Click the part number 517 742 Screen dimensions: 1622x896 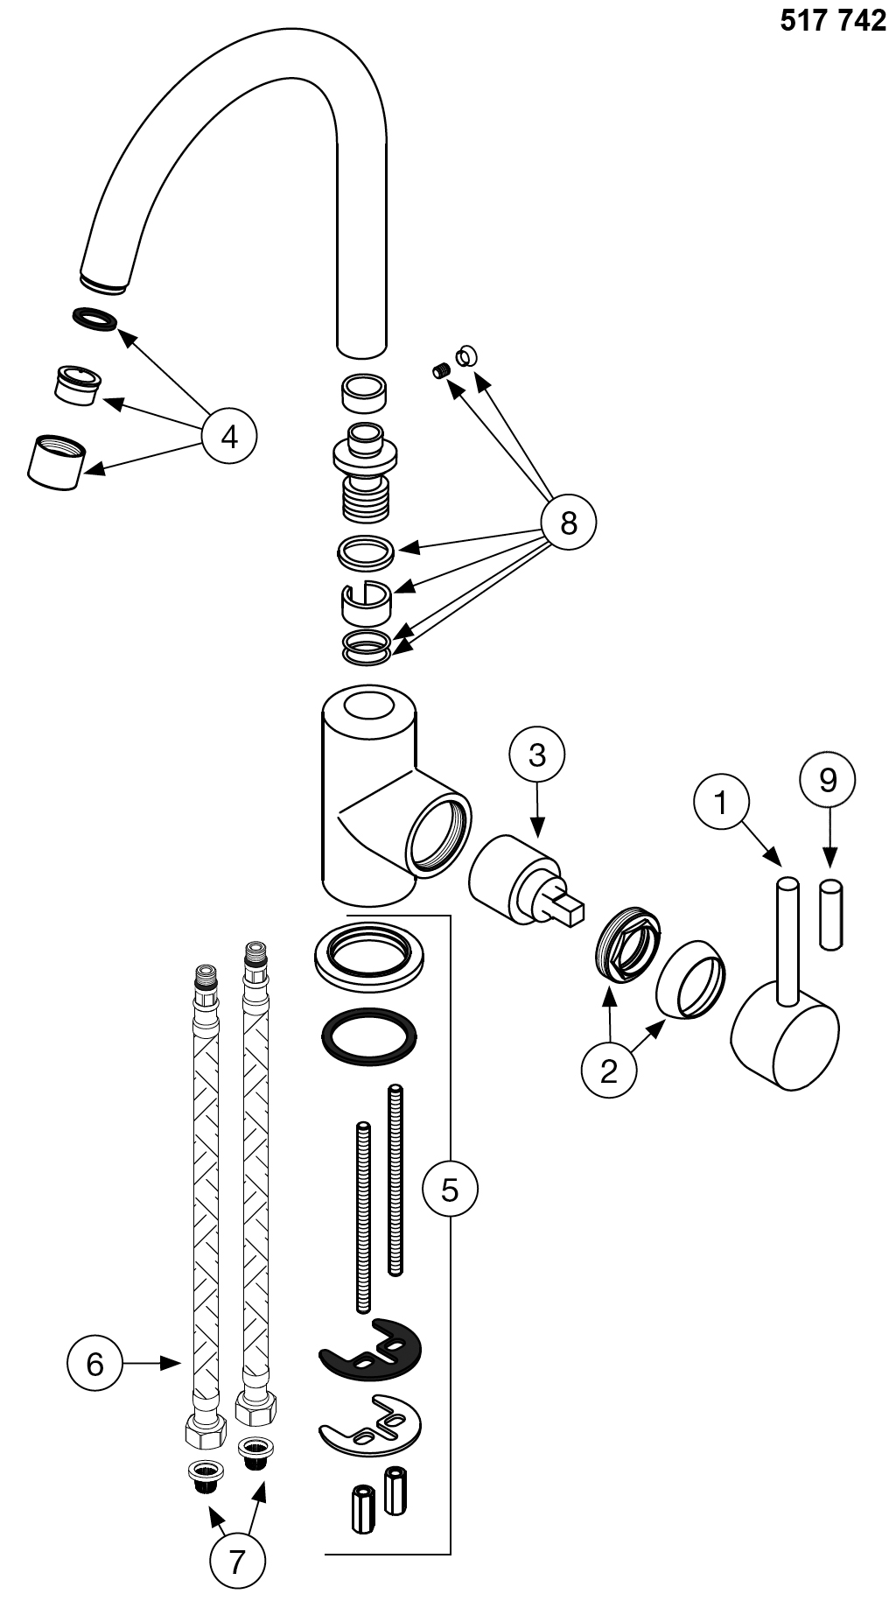pyautogui.click(x=832, y=21)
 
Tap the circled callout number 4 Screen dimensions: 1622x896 pyautogui.click(x=229, y=436)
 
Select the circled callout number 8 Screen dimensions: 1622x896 pyautogui.click(x=568, y=523)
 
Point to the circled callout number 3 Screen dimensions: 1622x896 pyautogui.click(x=536, y=755)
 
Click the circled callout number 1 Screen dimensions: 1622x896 pyautogui.click(x=721, y=802)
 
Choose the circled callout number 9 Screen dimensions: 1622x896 pyautogui.click(x=828, y=779)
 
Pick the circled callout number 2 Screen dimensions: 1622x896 pyautogui.click(x=609, y=1070)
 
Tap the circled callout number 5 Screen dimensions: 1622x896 pyautogui.click(x=450, y=1189)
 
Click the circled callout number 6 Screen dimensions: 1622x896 pyautogui.click(x=95, y=1363)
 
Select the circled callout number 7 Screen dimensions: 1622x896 pyautogui.click(x=237, y=1560)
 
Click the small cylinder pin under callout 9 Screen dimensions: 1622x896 pyautogui.click(x=831, y=913)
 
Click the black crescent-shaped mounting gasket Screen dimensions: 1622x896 pyautogui.click(x=369, y=1351)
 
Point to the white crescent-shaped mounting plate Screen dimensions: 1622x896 pyautogui.click(x=368, y=1427)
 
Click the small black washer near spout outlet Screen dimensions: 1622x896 pyautogui.click(x=94, y=319)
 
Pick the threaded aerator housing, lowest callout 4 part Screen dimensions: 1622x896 pyautogui.click(x=55, y=460)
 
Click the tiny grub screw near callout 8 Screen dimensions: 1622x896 pyautogui.click(x=441, y=372)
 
